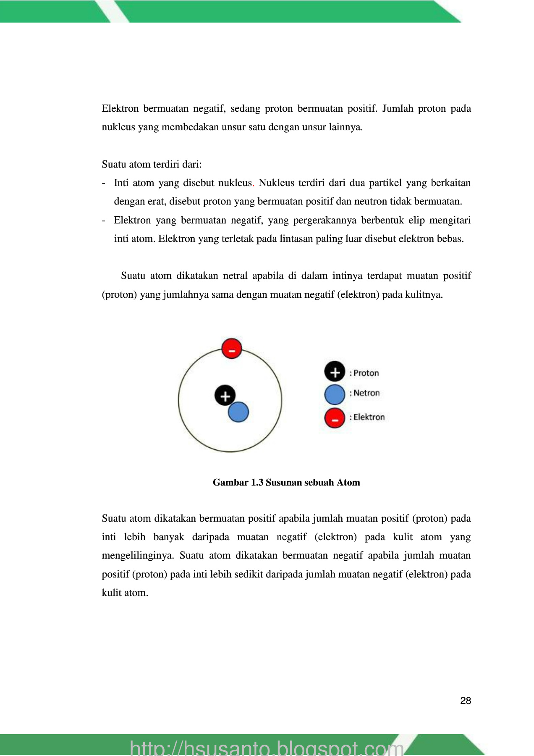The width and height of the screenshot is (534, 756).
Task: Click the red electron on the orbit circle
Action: point(232,348)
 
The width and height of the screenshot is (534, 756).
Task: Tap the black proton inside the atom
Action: point(225,396)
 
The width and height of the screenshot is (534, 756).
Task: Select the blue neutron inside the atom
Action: point(238,412)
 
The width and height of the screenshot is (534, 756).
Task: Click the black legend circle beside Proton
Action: point(335,372)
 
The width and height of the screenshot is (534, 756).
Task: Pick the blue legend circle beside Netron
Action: point(335,394)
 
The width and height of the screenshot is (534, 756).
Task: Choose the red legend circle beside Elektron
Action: point(335,418)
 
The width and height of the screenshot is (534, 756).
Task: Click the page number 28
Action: point(466,701)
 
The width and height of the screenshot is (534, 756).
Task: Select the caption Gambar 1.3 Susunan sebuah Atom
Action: point(286,482)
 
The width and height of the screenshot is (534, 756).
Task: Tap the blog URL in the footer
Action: point(267,748)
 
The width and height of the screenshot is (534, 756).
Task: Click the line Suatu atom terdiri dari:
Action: point(152,164)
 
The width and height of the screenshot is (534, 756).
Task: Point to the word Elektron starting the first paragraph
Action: point(120,108)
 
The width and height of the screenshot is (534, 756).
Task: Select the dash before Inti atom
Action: point(104,183)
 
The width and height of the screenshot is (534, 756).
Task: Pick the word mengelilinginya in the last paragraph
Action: point(136,556)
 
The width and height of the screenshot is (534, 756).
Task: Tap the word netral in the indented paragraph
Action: point(235,276)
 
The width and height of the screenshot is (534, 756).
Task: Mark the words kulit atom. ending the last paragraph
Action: point(125,593)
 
